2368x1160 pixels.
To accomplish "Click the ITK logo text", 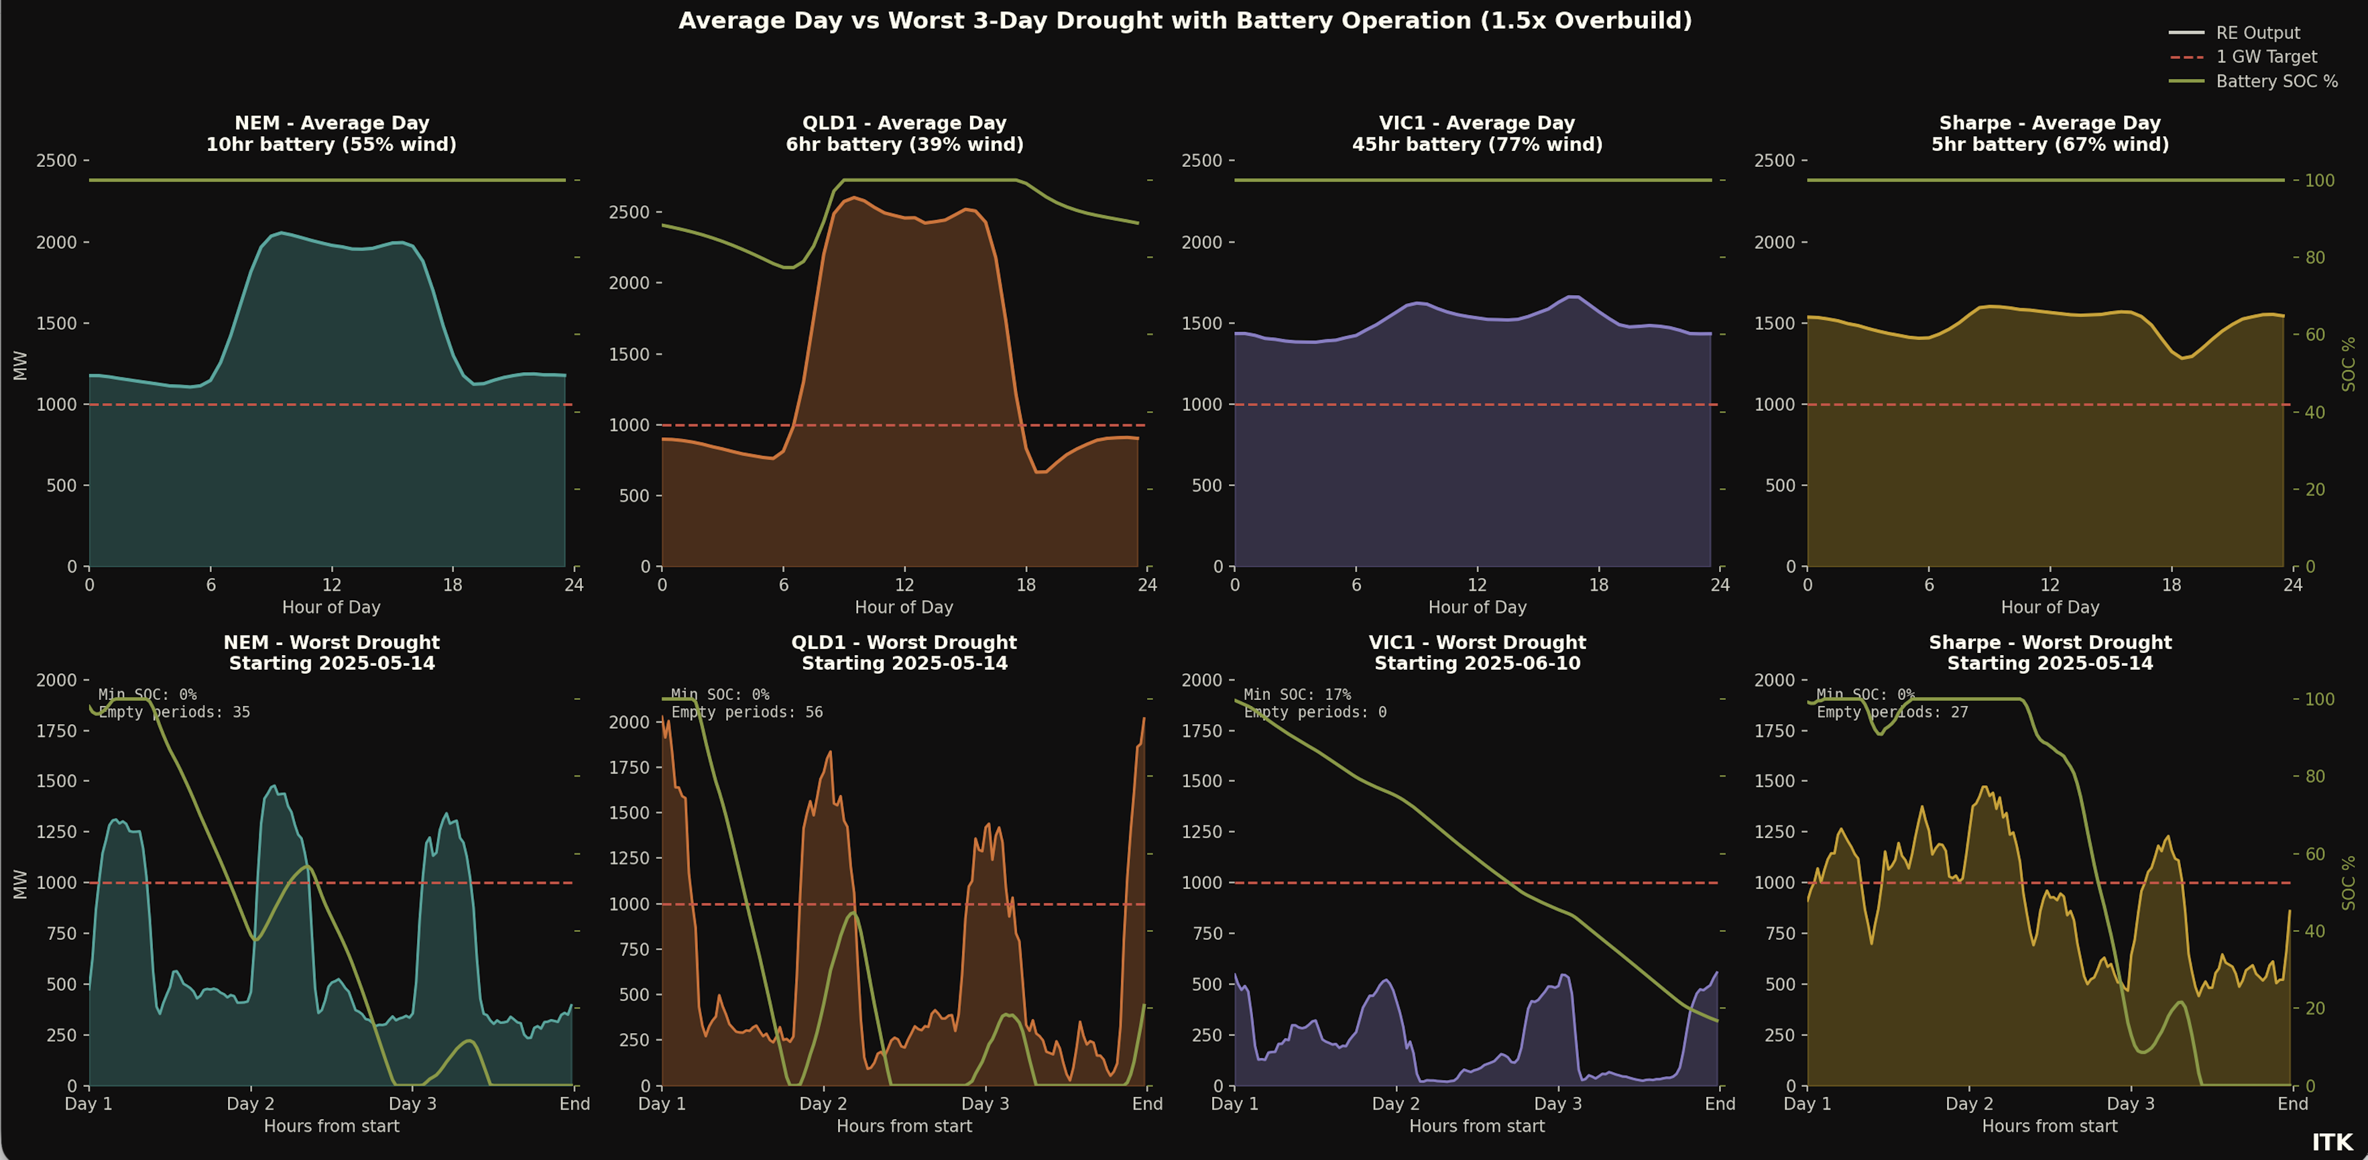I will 2332,1142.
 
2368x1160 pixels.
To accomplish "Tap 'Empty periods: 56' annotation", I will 746,712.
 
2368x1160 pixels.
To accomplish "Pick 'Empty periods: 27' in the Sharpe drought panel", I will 1892,712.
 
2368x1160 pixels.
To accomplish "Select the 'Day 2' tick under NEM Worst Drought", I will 250,1104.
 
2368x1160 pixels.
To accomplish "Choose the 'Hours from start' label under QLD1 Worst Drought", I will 904,1126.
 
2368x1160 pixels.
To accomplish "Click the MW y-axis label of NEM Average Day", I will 20,365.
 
